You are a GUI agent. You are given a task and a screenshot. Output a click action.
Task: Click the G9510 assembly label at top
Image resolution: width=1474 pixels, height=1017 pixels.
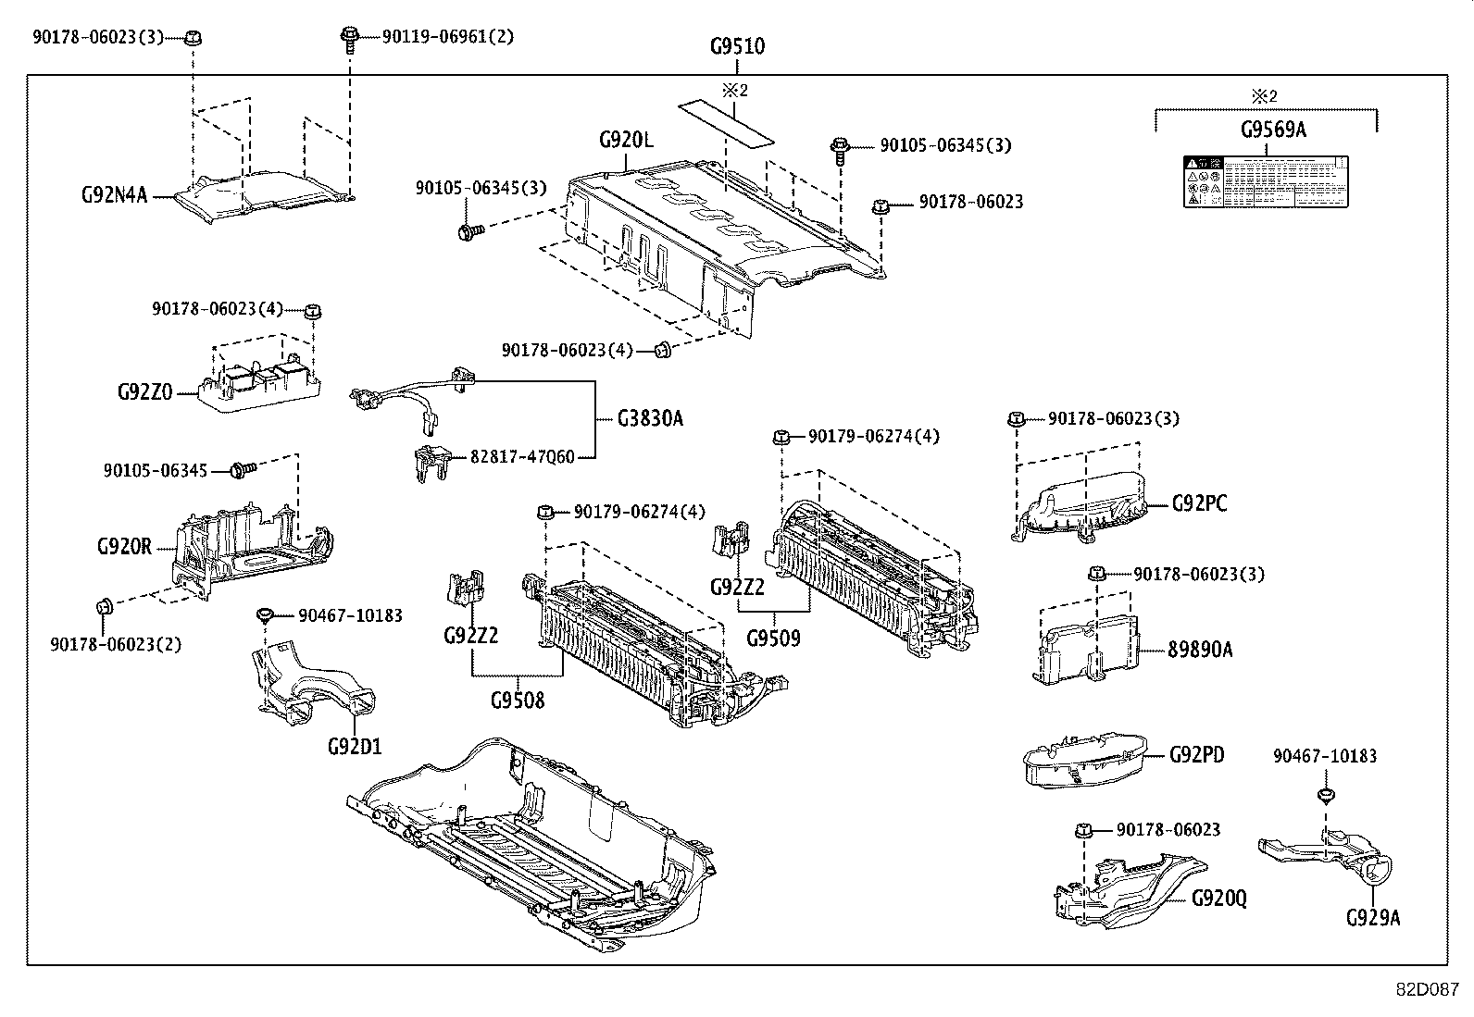pyautogui.click(x=737, y=45)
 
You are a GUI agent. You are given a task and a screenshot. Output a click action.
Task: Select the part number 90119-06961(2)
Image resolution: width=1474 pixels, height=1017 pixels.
pyautogui.click(x=448, y=37)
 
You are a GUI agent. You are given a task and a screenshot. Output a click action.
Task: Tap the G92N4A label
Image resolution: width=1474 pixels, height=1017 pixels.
pyautogui.click(x=114, y=195)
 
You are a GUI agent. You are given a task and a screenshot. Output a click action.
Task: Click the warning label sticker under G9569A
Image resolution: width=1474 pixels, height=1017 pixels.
pyautogui.click(x=1265, y=181)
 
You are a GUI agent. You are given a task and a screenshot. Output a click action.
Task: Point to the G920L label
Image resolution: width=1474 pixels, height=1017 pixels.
pyautogui.click(x=626, y=141)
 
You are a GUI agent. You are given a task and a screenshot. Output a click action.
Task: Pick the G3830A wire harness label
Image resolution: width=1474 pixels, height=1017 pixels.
pyautogui.click(x=650, y=418)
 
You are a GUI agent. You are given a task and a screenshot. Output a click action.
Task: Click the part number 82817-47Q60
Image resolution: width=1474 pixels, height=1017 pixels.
pyautogui.click(x=522, y=456)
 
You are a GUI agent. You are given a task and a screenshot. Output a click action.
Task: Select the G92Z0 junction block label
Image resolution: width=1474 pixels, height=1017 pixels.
pyautogui.click(x=144, y=391)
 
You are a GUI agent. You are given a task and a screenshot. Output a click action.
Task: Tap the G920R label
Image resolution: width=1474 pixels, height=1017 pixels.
pyautogui.click(x=123, y=546)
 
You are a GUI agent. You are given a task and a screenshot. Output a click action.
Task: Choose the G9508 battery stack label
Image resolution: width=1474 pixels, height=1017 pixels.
pyautogui.click(x=518, y=700)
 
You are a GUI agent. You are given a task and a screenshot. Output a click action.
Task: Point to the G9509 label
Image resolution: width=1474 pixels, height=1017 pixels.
pyautogui.click(x=773, y=639)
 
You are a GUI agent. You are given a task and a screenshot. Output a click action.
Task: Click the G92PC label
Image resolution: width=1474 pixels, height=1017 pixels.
pyautogui.click(x=1200, y=504)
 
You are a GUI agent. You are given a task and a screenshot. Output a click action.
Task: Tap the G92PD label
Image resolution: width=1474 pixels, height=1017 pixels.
pyautogui.click(x=1196, y=755)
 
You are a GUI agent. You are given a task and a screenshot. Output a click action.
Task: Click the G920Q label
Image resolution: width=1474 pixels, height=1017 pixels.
pyautogui.click(x=1219, y=898)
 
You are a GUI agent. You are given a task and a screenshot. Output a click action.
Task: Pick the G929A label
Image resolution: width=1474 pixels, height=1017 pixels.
pyautogui.click(x=1373, y=918)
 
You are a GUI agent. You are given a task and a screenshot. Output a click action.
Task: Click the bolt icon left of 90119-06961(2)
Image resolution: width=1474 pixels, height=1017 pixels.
pyautogui.click(x=351, y=37)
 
